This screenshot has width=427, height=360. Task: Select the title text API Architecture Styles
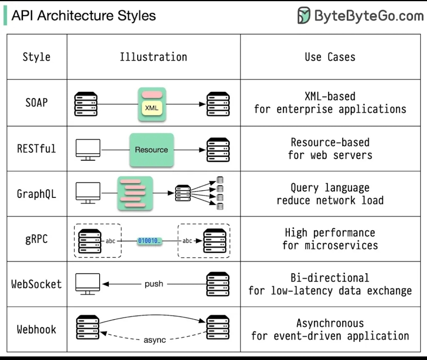coord(83,15)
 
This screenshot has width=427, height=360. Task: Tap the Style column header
coord(36,57)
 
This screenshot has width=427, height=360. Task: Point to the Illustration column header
coord(153,57)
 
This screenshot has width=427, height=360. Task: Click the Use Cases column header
coord(330,57)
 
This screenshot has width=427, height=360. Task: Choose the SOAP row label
coord(36,102)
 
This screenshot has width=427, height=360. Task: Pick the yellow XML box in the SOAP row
coord(152,108)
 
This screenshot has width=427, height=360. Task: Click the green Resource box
coord(151,150)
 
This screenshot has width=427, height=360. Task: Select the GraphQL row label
coord(36,194)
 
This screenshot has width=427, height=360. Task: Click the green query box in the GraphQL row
coord(135,193)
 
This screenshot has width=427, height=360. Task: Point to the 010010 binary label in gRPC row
coord(149,241)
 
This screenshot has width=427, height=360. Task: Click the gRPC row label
coord(36,239)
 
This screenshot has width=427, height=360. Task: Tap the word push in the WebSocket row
coord(154,284)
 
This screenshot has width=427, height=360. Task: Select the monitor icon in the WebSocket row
coord(88,284)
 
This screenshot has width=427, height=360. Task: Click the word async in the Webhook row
coord(154,340)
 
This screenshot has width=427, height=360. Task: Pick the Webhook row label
coord(36,329)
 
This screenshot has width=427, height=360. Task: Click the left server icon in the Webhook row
coord(87,327)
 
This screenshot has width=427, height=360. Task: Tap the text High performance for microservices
coord(330,239)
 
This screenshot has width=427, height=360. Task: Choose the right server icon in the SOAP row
coord(218,104)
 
